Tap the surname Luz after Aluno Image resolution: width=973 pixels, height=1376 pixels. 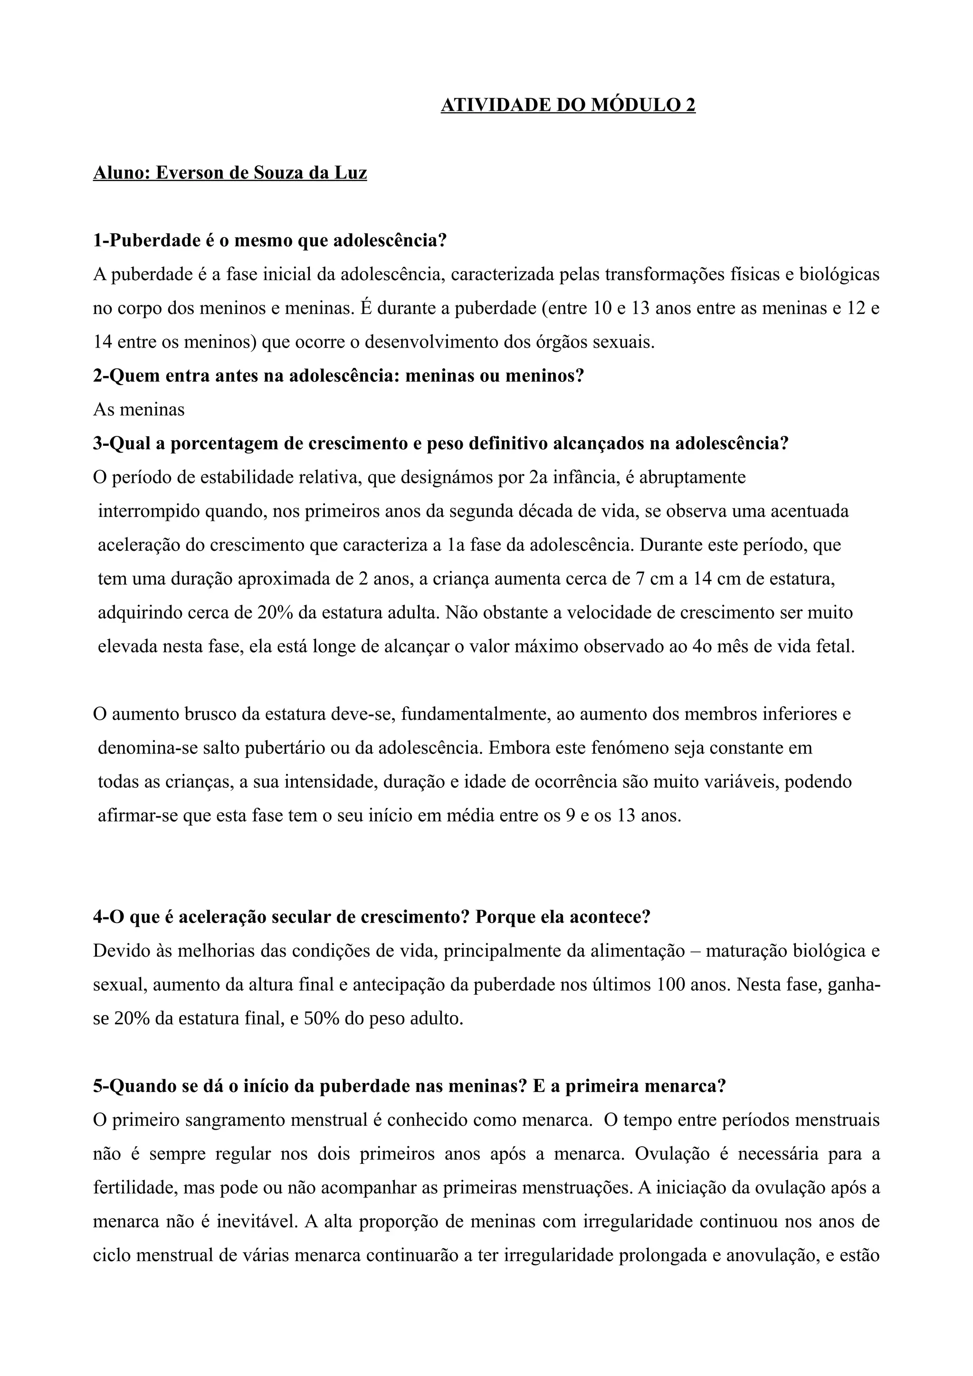coord(351,173)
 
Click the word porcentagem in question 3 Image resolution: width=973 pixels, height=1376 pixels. coord(235,444)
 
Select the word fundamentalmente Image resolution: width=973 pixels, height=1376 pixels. coord(476,715)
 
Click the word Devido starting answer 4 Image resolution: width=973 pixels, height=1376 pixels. coord(120,952)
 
